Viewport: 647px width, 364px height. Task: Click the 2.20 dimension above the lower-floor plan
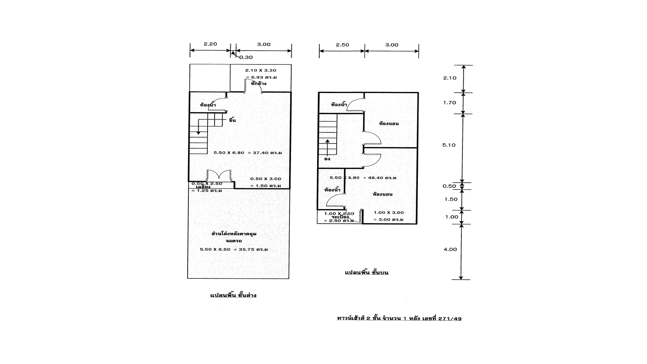(x=210, y=44)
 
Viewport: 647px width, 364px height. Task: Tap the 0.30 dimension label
(x=246, y=57)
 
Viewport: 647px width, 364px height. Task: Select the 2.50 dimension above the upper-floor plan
(x=342, y=45)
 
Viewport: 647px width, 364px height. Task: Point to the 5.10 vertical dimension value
(x=449, y=145)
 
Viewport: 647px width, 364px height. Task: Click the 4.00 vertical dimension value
(x=450, y=249)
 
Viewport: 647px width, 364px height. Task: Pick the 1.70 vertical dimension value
(x=450, y=103)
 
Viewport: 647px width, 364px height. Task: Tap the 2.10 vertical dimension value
(x=450, y=78)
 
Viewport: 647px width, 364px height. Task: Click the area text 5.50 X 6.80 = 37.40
(x=248, y=153)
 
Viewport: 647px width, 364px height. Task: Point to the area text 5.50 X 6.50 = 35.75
(x=234, y=250)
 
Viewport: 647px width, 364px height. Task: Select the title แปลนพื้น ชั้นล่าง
(x=233, y=295)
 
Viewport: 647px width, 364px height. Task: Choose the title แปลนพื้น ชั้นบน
(x=367, y=272)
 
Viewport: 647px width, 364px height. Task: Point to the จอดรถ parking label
(x=234, y=241)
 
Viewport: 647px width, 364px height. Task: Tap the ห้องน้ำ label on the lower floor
(x=208, y=105)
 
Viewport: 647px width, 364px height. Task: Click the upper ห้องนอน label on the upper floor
(x=389, y=124)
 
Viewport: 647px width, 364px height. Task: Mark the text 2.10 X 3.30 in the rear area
(x=260, y=70)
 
